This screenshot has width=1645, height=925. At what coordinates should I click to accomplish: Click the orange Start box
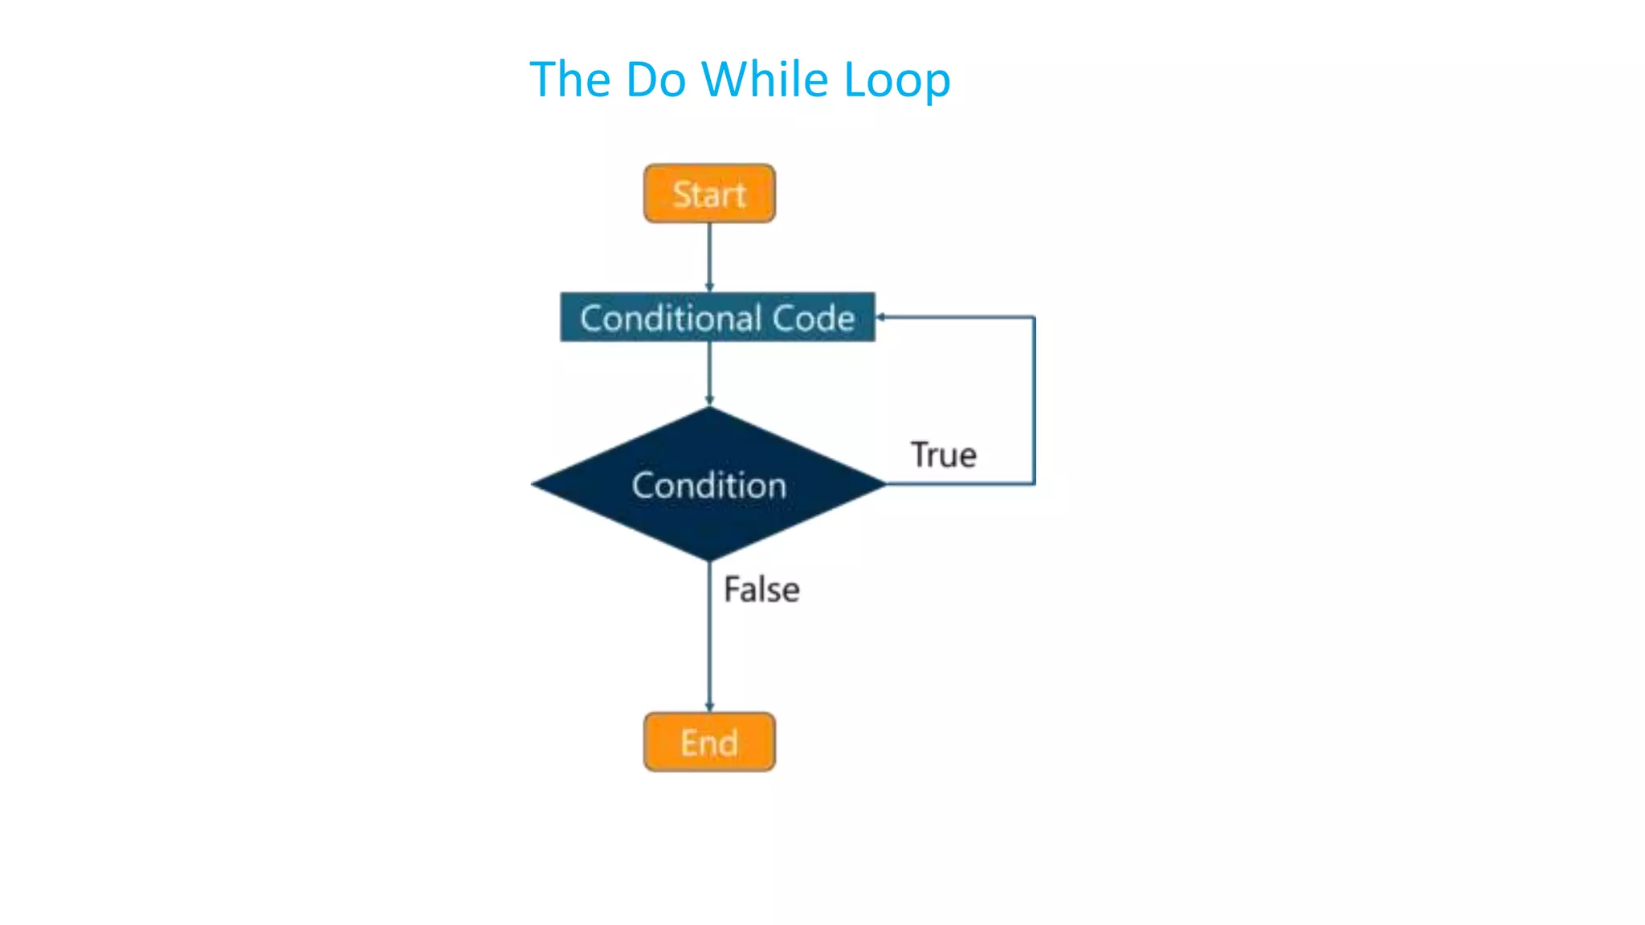click(709, 194)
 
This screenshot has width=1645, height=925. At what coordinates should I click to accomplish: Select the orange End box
click(709, 742)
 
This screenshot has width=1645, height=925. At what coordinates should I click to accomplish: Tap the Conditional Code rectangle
click(717, 317)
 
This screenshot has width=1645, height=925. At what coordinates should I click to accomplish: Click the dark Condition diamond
click(708, 485)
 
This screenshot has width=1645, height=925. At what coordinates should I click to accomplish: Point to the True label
click(943, 455)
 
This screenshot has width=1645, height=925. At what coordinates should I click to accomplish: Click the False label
click(761, 589)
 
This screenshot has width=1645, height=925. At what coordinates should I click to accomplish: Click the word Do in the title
click(655, 79)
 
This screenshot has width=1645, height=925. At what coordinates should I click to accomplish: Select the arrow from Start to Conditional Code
click(709, 257)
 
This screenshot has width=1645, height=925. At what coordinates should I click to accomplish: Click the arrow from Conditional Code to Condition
click(709, 373)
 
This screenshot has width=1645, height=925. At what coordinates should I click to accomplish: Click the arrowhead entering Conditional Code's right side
click(881, 317)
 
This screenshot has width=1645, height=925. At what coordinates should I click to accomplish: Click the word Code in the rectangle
click(813, 318)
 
